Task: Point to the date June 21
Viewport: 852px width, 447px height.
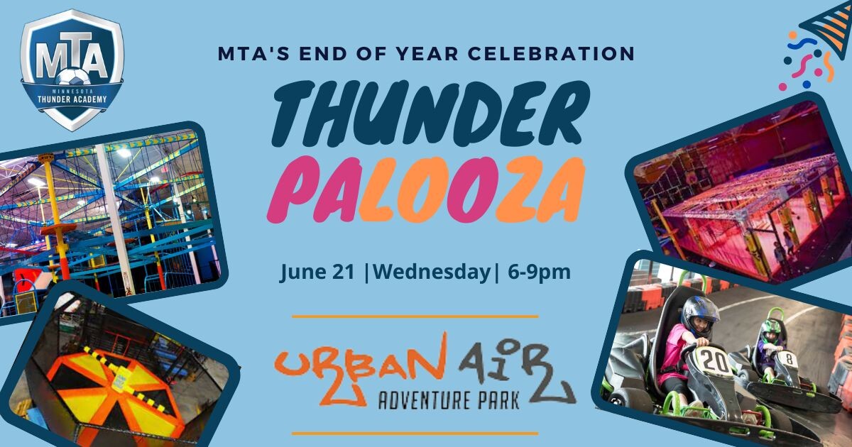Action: [317, 272]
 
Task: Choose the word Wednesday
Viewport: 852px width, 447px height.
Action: [432, 272]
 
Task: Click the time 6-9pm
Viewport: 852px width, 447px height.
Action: [540, 272]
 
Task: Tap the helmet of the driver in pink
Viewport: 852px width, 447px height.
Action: [699, 314]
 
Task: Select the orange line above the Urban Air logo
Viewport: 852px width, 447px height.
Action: [415, 316]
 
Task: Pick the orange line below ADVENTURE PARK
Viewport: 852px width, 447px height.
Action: [415, 432]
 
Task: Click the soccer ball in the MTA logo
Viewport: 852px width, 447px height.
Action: [72, 76]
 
